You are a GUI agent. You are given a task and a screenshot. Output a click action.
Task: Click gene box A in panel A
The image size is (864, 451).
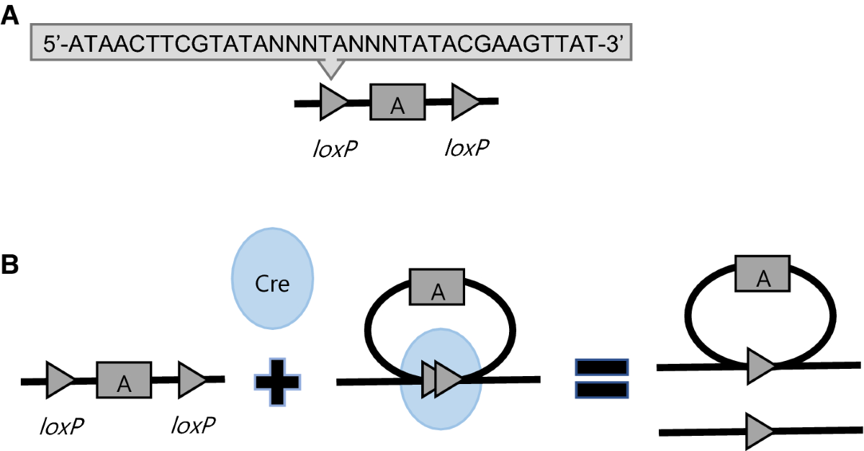[397, 102]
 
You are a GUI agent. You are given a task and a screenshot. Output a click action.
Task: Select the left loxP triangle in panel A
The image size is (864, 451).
[333, 102]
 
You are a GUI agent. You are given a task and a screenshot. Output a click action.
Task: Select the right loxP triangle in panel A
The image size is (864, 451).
[465, 102]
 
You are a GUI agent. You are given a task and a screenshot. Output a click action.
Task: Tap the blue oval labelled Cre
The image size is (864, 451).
[273, 283]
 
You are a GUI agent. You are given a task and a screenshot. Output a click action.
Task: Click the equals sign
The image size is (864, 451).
[601, 379]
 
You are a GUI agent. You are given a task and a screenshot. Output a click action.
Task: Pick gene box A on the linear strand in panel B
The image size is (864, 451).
[124, 379]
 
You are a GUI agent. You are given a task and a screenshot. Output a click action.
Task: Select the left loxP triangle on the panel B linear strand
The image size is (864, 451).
[60, 379]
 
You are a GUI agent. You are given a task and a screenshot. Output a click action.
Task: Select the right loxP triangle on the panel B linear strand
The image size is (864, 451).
[192, 379]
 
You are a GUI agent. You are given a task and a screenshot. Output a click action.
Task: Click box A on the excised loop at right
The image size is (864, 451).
[762, 273]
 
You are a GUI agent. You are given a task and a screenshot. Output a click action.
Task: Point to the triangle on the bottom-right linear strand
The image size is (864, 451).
[760, 431]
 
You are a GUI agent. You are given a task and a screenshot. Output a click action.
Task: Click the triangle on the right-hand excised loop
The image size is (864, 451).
[760, 366]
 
